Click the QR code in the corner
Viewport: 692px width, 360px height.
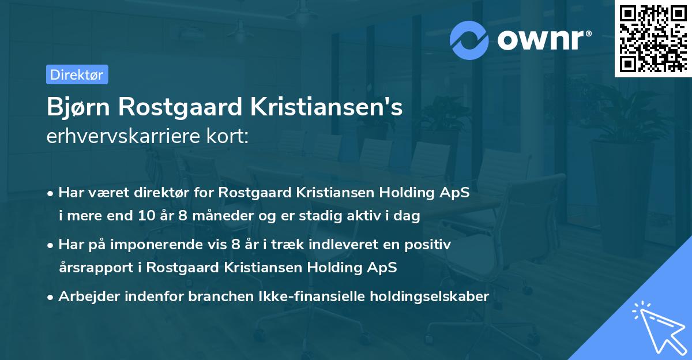click(653, 38)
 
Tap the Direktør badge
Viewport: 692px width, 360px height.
click(77, 74)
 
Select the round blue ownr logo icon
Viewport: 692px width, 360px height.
click(470, 40)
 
